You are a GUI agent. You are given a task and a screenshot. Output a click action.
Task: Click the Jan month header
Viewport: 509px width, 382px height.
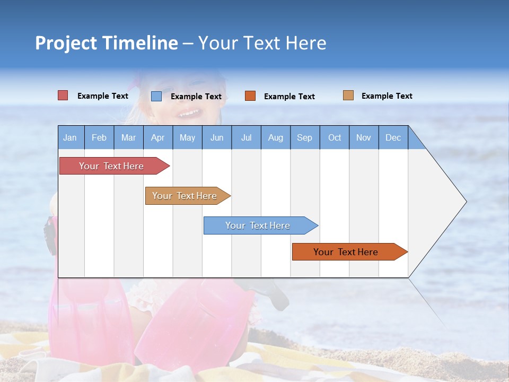tap(71, 137)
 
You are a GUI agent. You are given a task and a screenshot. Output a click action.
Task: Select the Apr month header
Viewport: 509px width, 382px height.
tap(158, 137)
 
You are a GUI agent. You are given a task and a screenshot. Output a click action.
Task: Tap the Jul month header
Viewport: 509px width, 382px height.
tap(246, 137)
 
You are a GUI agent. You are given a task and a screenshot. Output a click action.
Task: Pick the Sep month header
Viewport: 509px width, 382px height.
tap(305, 137)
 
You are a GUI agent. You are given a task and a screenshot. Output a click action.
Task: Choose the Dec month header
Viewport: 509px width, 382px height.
tap(393, 137)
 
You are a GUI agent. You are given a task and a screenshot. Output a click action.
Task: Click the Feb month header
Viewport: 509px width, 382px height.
tap(99, 137)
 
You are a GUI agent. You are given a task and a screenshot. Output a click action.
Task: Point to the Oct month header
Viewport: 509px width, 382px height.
tap(335, 137)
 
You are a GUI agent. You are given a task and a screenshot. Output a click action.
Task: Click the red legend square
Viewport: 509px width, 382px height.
tap(63, 95)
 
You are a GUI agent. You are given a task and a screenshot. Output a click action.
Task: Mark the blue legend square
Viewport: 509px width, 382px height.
tap(156, 96)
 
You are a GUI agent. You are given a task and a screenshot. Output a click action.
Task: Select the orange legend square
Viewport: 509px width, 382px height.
tap(250, 96)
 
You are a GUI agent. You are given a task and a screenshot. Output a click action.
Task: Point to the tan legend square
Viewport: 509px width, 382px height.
tap(348, 95)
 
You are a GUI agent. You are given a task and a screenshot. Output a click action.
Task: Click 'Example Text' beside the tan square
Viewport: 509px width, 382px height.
tap(387, 96)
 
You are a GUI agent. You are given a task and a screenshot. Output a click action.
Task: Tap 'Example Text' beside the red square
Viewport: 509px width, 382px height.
tap(103, 96)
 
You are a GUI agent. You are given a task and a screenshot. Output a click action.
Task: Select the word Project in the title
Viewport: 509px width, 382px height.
tap(66, 43)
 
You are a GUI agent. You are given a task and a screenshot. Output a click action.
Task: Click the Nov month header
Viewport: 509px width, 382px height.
tap(364, 137)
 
